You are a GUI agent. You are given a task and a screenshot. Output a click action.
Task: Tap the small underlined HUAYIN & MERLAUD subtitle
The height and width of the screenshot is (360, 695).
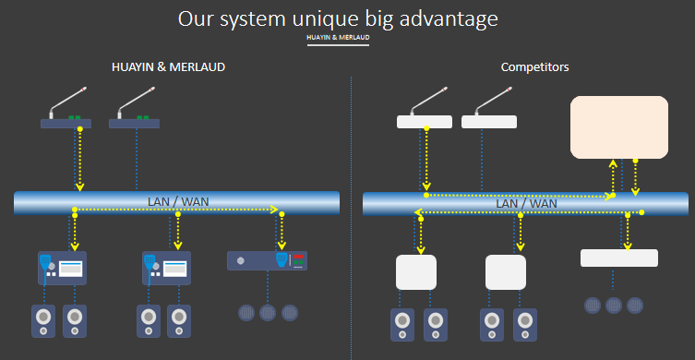pyautogui.click(x=338, y=38)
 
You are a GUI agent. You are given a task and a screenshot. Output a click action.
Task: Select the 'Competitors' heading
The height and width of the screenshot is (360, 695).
pyautogui.click(x=535, y=67)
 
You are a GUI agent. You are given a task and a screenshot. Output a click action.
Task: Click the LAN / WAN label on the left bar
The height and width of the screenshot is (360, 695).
pyautogui.click(x=178, y=202)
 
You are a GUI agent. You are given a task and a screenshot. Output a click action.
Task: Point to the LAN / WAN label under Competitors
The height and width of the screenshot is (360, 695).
pyautogui.click(x=527, y=203)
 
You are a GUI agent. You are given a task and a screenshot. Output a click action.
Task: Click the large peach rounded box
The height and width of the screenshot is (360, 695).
pyautogui.click(x=619, y=127)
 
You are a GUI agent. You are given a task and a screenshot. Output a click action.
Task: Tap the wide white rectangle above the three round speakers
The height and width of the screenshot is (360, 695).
pyautogui.click(x=619, y=258)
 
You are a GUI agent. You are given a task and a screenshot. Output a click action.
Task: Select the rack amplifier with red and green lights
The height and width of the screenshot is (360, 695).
pyautogui.click(x=268, y=260)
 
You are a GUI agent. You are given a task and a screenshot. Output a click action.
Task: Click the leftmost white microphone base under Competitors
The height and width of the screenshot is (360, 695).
pyautogui.click(x=425, y=122)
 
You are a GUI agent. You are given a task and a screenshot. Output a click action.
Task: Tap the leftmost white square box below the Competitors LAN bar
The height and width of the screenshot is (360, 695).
pyautogui.click(x=416, y=272)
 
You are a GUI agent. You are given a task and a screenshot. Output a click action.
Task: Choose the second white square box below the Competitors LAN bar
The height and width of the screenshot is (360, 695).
pyautogui.click(x=506, y=272)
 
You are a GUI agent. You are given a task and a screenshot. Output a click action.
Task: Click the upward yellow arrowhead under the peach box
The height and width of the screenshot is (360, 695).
pyautogui.click(x=613, y=162)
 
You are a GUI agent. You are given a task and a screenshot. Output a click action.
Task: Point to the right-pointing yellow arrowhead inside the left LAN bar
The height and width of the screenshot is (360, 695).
pyautogui.click(x=273, y=210)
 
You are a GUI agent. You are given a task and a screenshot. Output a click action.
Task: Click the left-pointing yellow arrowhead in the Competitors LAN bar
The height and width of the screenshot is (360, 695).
pyautogui.click(x=418, y=212)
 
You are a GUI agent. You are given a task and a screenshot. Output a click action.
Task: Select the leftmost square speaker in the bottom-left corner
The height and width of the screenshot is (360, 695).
pyautogui.click(x=43, y=321)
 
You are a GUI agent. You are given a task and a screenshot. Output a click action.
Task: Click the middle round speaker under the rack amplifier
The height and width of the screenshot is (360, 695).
pyautogui.click(x=268, y=313)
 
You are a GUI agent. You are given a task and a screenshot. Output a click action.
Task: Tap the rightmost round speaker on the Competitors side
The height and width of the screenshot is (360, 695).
pyautogui.click(x=635, y=306)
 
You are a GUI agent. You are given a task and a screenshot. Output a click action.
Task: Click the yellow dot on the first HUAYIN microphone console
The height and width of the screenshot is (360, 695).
pyautogui.click(x=79, y=129)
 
